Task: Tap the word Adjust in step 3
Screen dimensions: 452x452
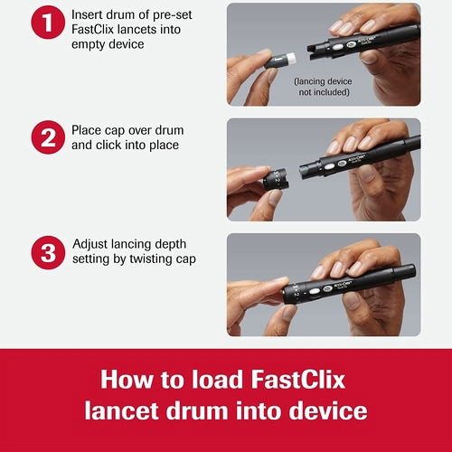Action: coord(94,244)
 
